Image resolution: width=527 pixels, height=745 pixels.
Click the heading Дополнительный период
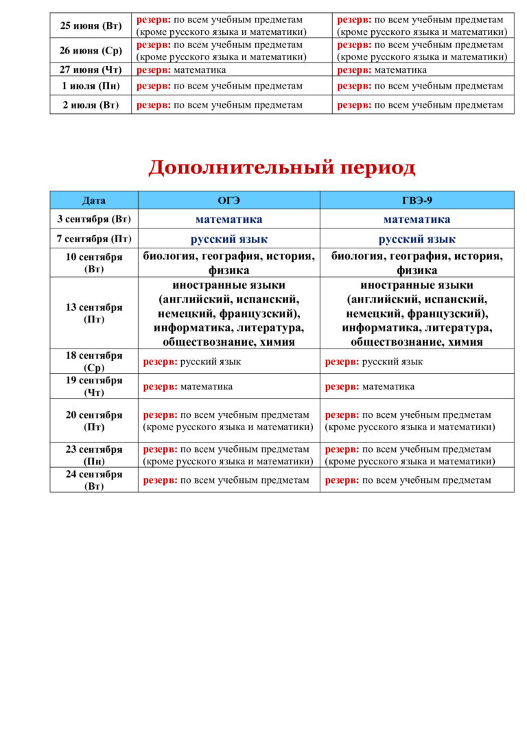pos(281,167)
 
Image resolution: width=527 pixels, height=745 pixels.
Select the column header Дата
pos(94,200)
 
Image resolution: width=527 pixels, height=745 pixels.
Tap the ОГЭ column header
pos(229,200)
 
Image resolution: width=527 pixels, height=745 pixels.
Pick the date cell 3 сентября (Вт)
pos(94,220)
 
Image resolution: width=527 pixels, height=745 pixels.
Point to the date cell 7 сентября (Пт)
pos(94,239)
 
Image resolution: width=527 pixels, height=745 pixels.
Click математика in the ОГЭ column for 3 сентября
pos(229,220)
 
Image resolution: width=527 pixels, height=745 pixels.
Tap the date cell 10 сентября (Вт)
pos(94,263)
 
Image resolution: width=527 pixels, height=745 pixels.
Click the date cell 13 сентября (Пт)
pos(94,313)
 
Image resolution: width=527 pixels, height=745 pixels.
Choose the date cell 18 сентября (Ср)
pos(94,362)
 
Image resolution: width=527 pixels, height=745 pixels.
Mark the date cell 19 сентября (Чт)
pos(94,386)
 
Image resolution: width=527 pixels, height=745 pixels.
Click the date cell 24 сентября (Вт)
pos(94,480)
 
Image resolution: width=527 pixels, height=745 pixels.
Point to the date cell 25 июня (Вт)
pos(91,26)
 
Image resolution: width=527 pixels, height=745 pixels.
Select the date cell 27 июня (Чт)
pos(91,70)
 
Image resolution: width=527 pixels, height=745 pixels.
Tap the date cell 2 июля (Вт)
pos(91,105)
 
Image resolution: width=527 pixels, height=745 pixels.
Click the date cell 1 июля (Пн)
pos(91,86)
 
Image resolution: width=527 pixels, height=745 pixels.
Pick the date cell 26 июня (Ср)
pos(91,51)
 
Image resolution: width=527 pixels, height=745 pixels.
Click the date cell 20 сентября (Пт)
pos(94,421)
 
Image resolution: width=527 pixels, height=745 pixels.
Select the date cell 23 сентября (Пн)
pos(94,455)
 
